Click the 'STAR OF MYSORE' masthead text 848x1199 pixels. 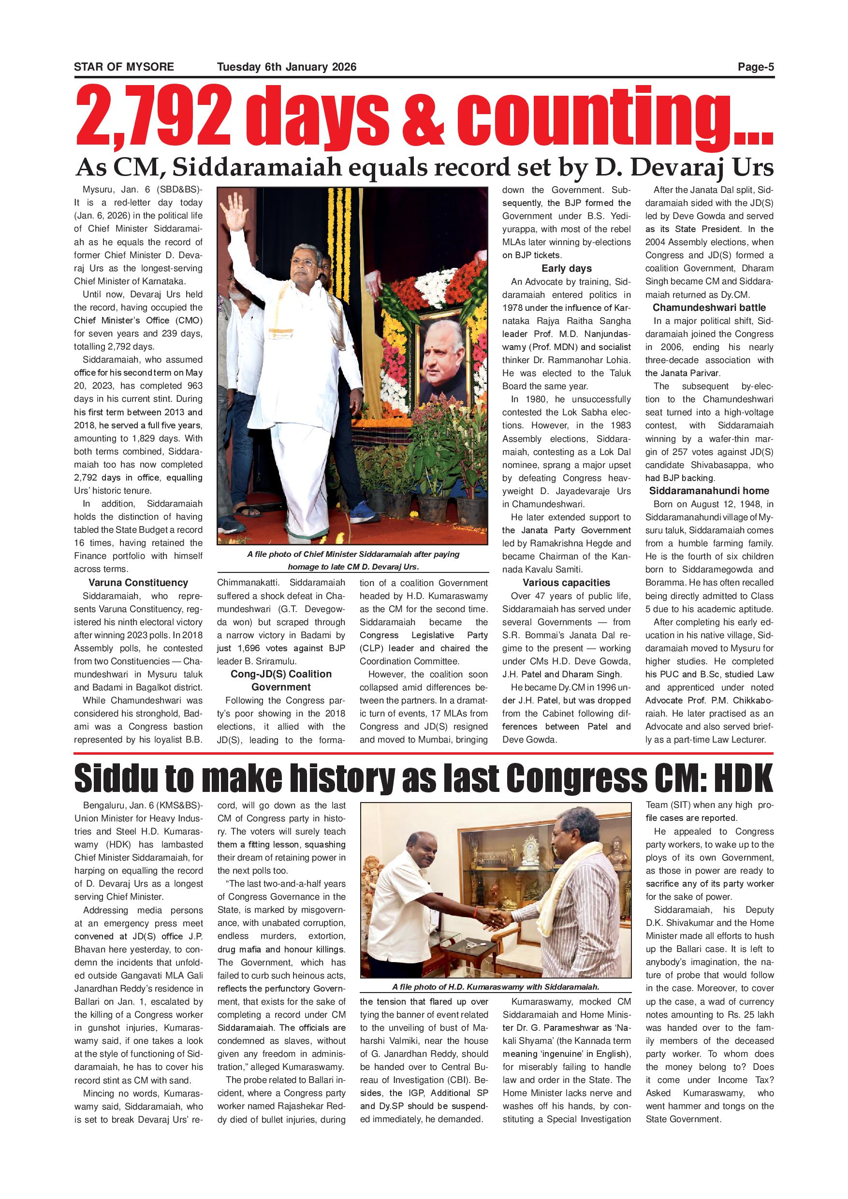[124, 67]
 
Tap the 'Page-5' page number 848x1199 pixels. [756, 67]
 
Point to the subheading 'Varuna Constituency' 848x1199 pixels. [138, 583]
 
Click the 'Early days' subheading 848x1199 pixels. [567, 268]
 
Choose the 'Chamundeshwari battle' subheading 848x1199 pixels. [709, 307]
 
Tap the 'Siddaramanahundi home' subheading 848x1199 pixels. [709, 491]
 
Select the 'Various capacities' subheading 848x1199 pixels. [567, 583]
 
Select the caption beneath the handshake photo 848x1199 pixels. [496, 987]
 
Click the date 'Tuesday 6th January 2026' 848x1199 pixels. [287, 67]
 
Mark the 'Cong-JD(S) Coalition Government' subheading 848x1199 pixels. [281, 680]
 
